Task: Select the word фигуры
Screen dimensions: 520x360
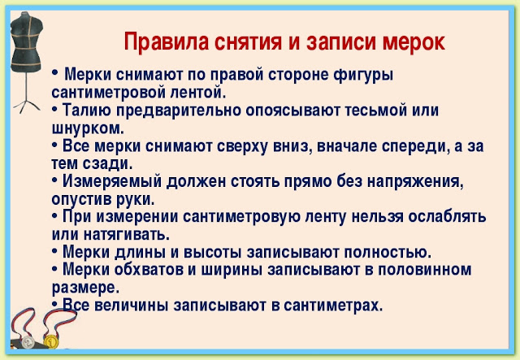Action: click(x=363, y=75)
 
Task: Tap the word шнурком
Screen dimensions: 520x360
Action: click(x=88, y=128)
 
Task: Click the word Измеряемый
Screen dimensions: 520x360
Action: click(x=112, y=181)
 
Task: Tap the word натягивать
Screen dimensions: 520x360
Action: click(x=127, y=235)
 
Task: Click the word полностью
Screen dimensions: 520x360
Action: click(x=388, y=253)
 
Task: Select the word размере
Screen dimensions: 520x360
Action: click(x=85, y=288)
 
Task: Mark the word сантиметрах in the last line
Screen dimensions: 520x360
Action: click(x=333, y=306)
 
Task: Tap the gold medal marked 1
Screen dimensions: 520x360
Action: click(x=50, y=342)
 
